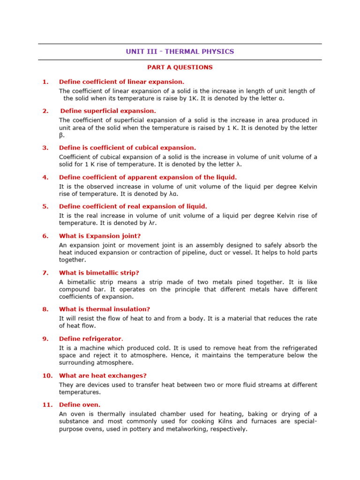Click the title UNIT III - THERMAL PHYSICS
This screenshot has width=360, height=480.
(x=180, y=52)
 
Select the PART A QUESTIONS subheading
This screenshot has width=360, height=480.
(x=180, y=67)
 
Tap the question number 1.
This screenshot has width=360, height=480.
(x=45, y=82)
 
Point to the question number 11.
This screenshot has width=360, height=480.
(x=47, y=405)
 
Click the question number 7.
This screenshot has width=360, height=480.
(x=45, y=273)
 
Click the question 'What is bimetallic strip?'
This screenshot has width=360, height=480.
(x=99, y=273)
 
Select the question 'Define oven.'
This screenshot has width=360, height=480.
(x=79, y=405)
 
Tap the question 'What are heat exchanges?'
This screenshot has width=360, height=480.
(x=103, y=375)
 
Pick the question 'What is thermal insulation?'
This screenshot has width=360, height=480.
(x=104, y=309)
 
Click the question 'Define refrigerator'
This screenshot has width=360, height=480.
(x=90, y=339)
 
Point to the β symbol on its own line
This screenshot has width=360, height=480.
(x=61, y=135)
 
